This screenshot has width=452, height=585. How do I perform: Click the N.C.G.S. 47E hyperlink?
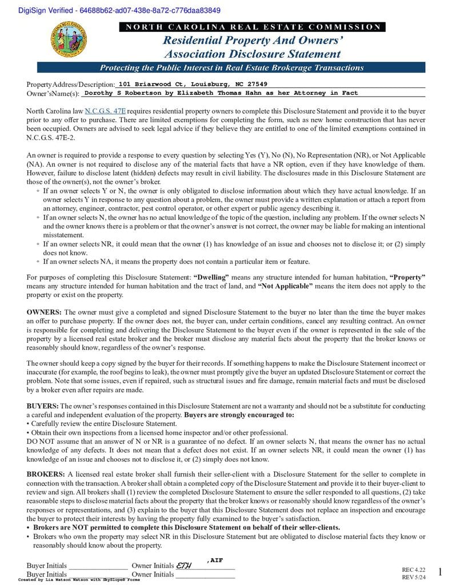(x=105, y=111)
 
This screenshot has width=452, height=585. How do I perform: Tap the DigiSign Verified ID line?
(x=111, y=10)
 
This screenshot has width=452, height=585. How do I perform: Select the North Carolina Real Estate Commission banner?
(x=252, y=27)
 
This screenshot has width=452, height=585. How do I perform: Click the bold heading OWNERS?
(x=44, y=312)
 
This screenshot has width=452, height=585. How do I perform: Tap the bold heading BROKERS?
(x=46, y=474)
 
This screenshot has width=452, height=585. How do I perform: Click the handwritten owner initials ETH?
(x=184, y=566)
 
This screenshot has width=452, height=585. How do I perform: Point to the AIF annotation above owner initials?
(x=215, y=560)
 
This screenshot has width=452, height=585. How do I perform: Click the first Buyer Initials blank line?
(x=98, y=568)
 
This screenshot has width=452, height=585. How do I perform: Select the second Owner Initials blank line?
(x=205, y=576)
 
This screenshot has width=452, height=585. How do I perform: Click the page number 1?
(x=439, y=572)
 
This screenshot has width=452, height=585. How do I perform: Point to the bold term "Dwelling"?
(x=212, y=277)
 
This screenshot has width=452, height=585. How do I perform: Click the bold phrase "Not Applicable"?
(x=285, y=286)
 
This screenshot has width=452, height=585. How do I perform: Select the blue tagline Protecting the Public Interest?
(x=231, y=67)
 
